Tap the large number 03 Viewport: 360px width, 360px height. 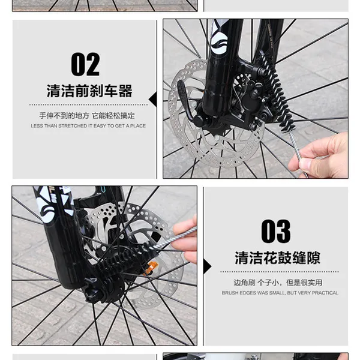tap(275, 232)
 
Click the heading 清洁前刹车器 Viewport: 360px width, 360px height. tap(89, 92)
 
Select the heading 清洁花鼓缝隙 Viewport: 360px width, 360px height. tap(277, 259)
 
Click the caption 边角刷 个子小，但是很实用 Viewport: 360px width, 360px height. tap(278, 282)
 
